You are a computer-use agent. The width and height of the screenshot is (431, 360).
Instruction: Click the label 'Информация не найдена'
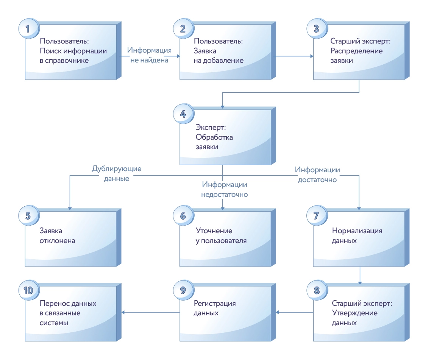tap(149, 55)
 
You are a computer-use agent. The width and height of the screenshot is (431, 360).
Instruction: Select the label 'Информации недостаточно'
tap(225, 190)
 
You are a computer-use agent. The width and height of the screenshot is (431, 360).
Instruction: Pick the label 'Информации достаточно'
tap(317, 175)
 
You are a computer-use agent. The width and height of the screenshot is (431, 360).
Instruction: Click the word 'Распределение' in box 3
tap(357, 51)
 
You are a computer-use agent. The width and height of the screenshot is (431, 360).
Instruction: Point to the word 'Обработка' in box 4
tap(214, 137)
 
